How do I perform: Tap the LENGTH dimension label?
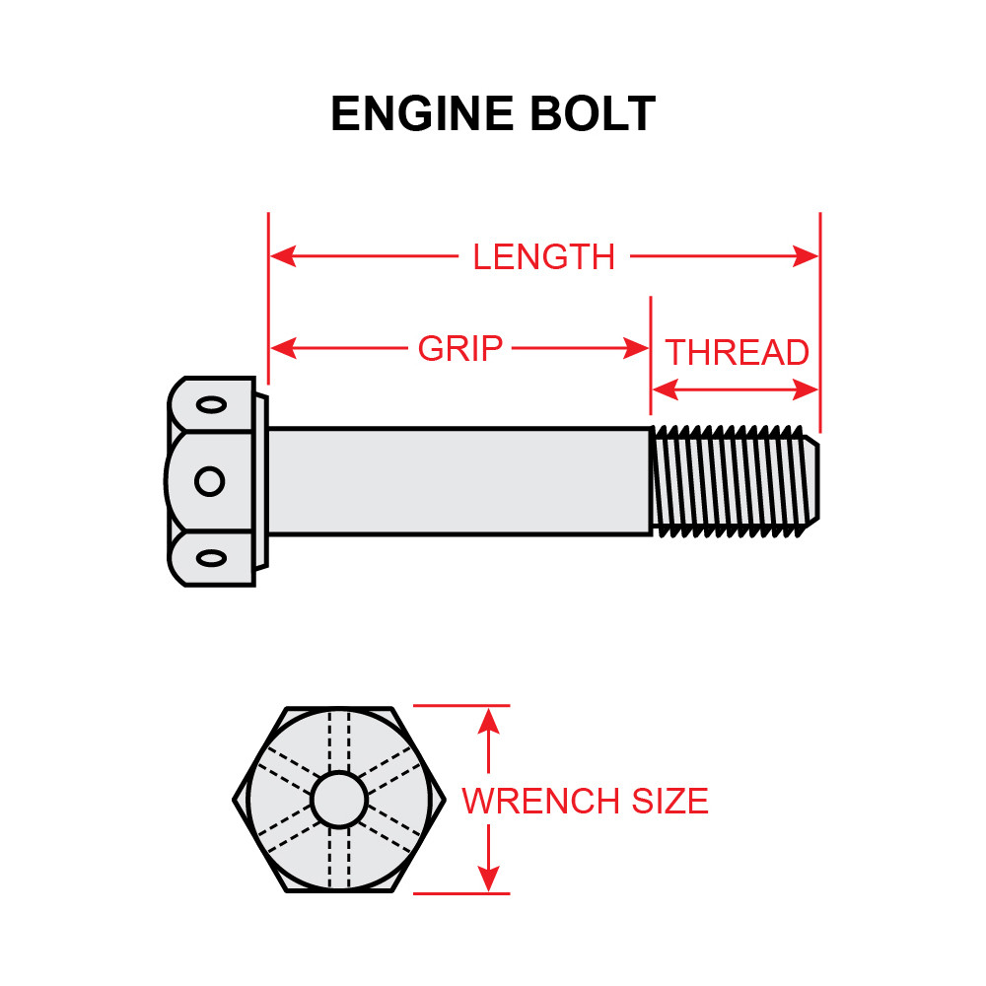click(543, 257)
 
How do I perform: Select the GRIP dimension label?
click(460, 348)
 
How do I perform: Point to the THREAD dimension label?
click(737, 352)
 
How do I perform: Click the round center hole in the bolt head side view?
click(209, 481)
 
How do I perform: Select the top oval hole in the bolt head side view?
click(210, 403)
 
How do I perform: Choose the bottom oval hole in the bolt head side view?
click(210, 558)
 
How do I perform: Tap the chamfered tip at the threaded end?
click(811, 481)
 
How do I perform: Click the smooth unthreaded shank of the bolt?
click(458, 481)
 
